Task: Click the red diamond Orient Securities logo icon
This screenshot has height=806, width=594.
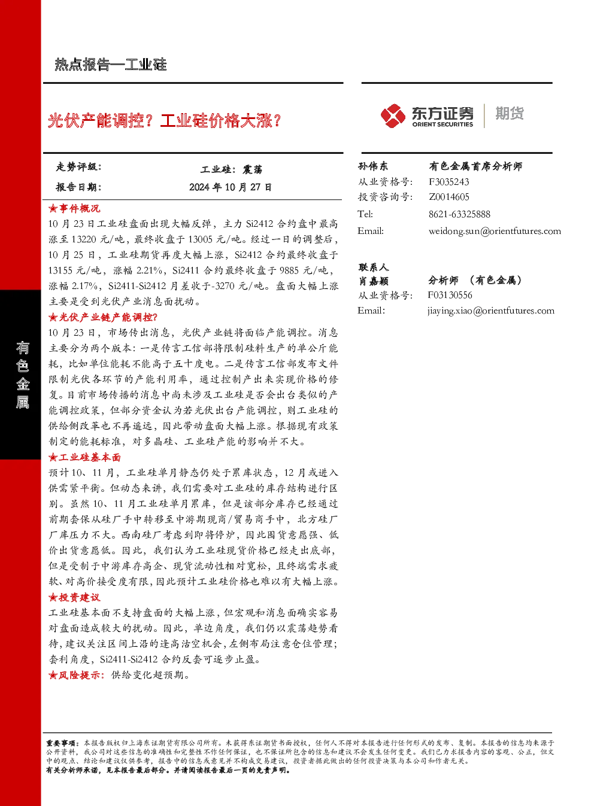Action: [393, 115]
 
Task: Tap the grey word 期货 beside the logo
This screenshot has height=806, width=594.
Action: [510, 113]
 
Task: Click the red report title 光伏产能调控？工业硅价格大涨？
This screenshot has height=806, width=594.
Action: [164, 120]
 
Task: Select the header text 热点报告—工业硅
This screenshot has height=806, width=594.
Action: [111, 65]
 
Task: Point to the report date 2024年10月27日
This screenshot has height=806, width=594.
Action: [231, 187]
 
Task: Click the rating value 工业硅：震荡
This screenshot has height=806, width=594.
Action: [232, 169]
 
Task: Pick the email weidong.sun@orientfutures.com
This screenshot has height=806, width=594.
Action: [495, 231]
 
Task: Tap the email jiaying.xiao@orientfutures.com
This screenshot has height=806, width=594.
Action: [491, 311]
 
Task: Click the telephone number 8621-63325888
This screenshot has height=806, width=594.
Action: [459, 214]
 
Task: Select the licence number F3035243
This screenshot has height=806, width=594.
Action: [449, 182]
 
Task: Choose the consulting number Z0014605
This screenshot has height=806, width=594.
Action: [449, 197]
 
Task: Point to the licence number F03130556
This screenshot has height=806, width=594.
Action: [450, 295]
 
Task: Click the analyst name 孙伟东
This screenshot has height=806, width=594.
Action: [373, 166]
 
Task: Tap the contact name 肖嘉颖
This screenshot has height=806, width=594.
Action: [373, 281]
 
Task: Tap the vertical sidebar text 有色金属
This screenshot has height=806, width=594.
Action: [22, 375]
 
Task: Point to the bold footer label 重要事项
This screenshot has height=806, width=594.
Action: [60, 743]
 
